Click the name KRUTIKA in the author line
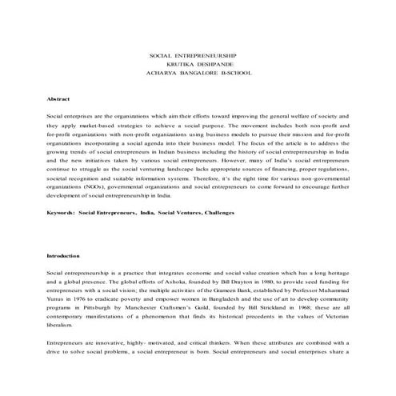pyautogui.click(x=182, y=62)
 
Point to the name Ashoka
pyautogui.click(x=160, y=282)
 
